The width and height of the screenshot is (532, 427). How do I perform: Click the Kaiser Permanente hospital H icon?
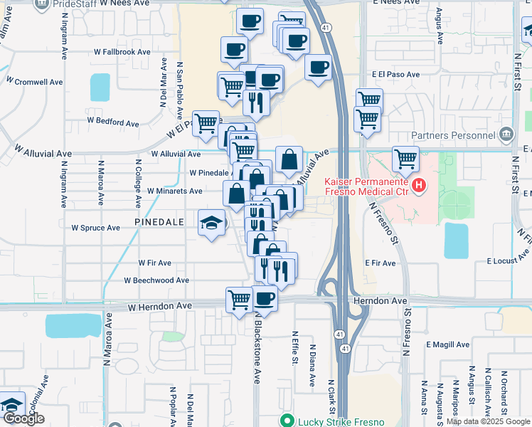(x=419, y=187)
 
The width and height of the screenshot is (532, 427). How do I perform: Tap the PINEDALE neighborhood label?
(x=159, y=223)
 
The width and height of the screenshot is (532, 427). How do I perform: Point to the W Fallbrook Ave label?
(x=122, y=52)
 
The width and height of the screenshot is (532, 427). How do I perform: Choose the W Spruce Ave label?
(x=95, y=228)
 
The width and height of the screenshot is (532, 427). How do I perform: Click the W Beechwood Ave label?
(x=156, y=280)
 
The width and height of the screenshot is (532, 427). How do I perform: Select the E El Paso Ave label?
(x=395, y=74)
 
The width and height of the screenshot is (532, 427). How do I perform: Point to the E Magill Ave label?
(x=449, y=344)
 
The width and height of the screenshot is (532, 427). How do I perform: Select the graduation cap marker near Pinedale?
(x=211, y=223)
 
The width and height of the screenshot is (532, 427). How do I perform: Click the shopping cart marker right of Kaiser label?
(x=405, y=159)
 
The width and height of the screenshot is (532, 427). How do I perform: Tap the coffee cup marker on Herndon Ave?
(x=265, y=298)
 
